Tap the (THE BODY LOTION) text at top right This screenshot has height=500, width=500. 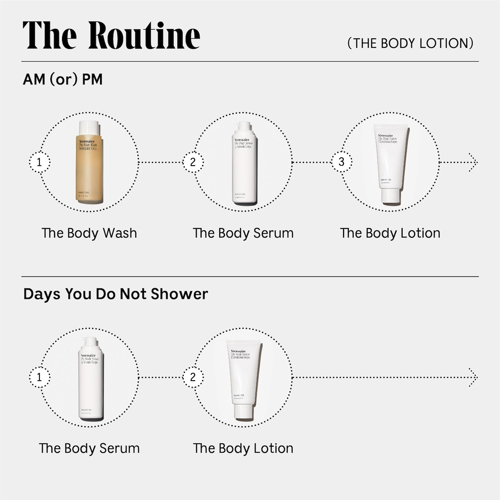click(x=410, y=43)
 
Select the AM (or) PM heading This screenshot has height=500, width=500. click(x=63, y=79)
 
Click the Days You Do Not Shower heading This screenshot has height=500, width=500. click(x=115, y=294)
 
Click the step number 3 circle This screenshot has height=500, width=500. click(x=341, y=162)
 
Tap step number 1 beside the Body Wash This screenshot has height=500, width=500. click(x=39, y=162)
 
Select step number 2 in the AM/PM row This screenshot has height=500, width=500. click(x=193, y=162)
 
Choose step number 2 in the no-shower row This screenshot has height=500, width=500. click(x=193, y=377)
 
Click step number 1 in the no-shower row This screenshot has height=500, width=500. click(x=39, y=377)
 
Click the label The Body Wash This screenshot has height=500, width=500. click(x=89, y=233)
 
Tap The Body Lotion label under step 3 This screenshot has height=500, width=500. click(x=390, y=233)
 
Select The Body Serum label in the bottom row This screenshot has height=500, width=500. click(x=89, y=448)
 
